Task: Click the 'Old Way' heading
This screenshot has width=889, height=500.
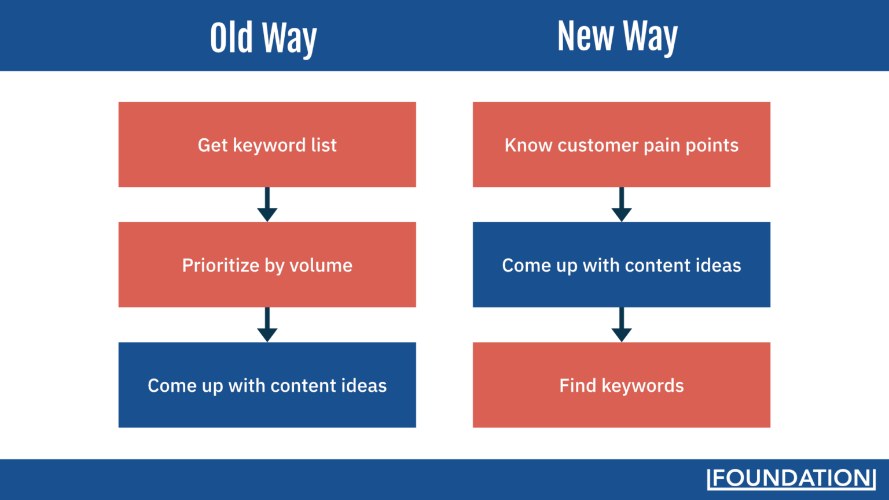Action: coord(263,38)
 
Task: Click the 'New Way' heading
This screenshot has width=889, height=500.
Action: coord(617,36)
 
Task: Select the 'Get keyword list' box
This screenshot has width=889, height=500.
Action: coord(267,145)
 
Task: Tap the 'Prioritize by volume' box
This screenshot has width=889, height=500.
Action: coord(267,264)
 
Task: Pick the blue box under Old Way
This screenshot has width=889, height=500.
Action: coord(267,385)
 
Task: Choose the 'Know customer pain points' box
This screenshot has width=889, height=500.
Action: coord(621,145)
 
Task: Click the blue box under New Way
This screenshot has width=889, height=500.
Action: coord(621,264)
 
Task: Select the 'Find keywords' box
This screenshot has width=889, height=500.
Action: coord(621,385)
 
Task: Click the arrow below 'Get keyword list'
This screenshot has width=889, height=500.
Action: coord(267,205)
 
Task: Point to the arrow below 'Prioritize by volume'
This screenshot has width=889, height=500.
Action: coord(267,325)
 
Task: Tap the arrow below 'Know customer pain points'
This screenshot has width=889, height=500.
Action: coord(621,205)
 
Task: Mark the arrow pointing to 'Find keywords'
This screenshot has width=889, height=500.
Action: coord(621,325)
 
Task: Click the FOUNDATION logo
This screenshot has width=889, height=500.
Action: coord(791,479)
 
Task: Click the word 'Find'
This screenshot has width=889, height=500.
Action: coord(578,385)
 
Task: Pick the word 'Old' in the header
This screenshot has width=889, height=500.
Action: coord(232,38)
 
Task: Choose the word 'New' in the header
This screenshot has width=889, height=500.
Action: coord(585,36)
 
